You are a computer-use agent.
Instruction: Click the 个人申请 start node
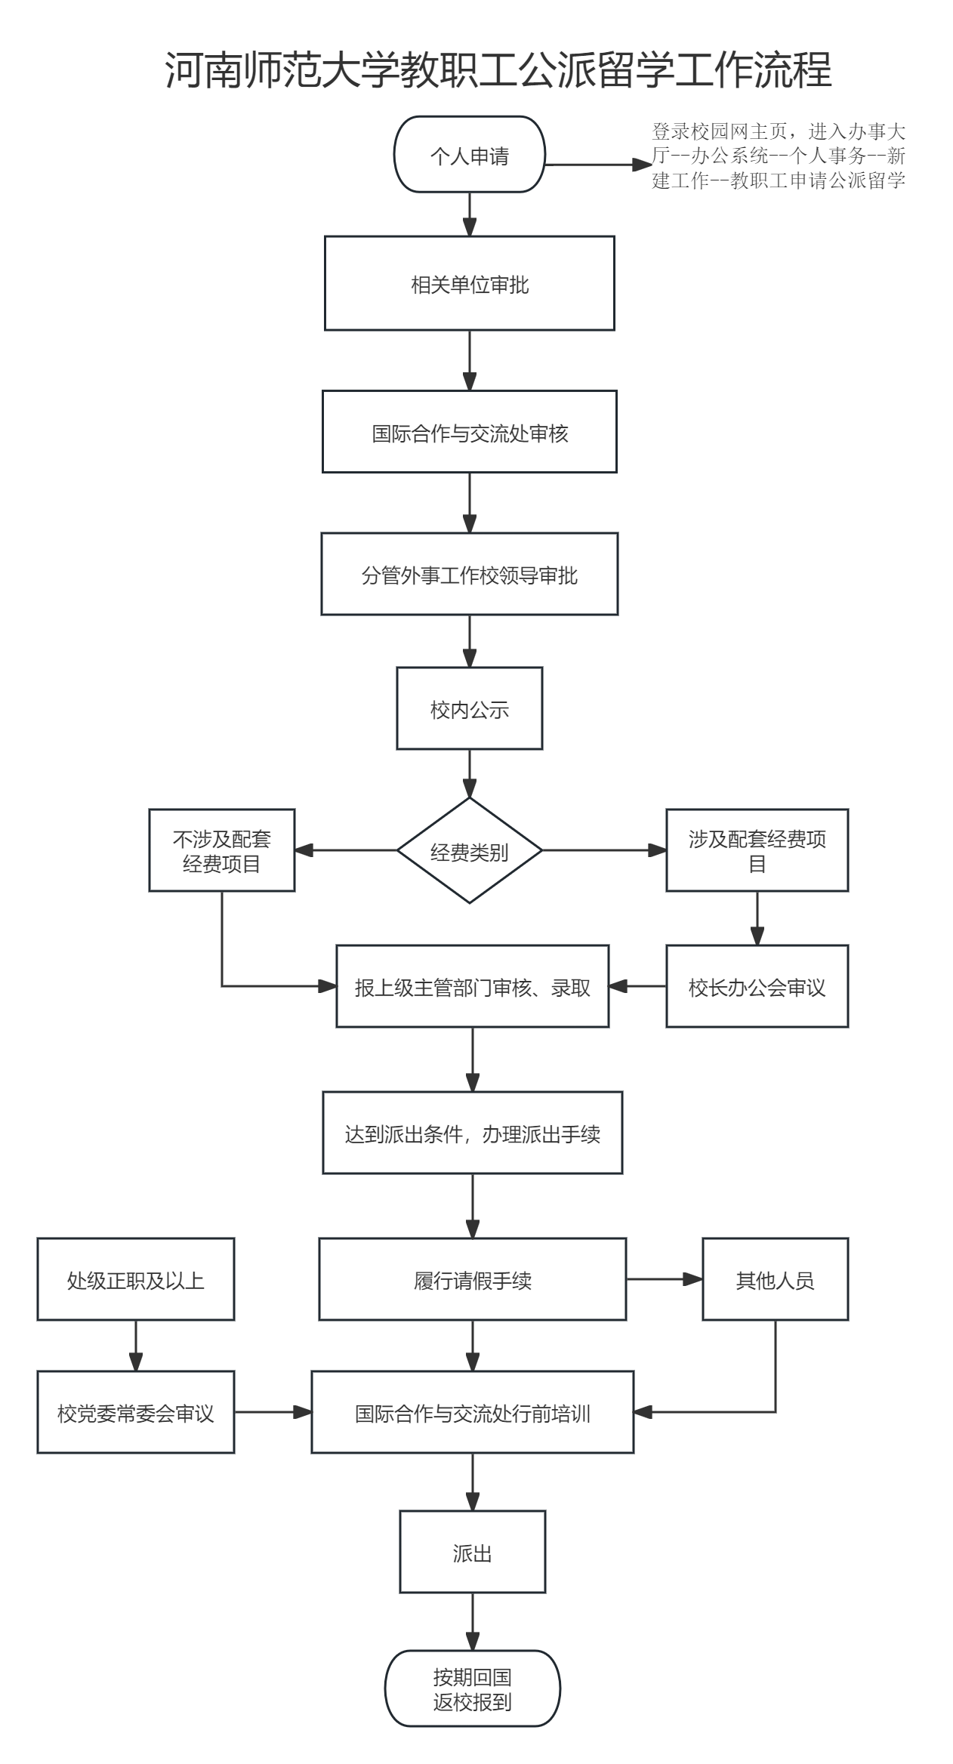pyautogui.click(x=469, y=155)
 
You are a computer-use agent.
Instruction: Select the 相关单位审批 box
pyautogui.click(x=469, y=284)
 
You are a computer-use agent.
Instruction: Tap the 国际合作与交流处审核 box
pyautogui.click(x=469, y=432)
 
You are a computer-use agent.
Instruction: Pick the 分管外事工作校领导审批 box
pyautogui.click(x=469, y=575)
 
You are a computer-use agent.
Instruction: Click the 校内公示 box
pyautogui.click(x=469, y=708)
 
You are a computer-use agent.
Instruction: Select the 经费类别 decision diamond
pyautogui.click(x=469, y=851)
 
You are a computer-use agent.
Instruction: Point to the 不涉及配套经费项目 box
pyautogui.click(x=221, y=850)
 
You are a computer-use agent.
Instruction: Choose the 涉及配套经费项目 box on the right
pyautogui.click(x=757, y=850)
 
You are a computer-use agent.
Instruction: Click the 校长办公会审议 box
pyautogui.click(x=757, y=986)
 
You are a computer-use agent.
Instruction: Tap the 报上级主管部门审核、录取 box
pyautogui.click(x=472, y=986)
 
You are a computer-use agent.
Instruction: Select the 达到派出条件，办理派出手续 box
pyautogui.click(x=472, y=1133)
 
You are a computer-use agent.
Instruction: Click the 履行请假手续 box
pyautogui.click(x=472, y=1279)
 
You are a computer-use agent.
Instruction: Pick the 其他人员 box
pyautogui.click(x=775, y=1279)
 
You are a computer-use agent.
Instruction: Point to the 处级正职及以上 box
pyautogui.click(x=136, y=1279)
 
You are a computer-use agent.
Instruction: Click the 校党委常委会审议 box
pyautogui.click(x=136, y=1412)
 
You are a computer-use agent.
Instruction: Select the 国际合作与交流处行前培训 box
pyautogui.click(x=472, y=1412)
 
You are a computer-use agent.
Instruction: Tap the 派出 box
pyautogui.click(x=472, y=1552)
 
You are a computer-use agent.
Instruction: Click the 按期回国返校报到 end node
pyautogui.click(x=472, y=1688)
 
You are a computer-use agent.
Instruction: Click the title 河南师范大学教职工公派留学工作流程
pyautogui.click(x=498, y=70)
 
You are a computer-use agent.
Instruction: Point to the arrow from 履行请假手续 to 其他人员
pyautogui.click(x=664, y=1279)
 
